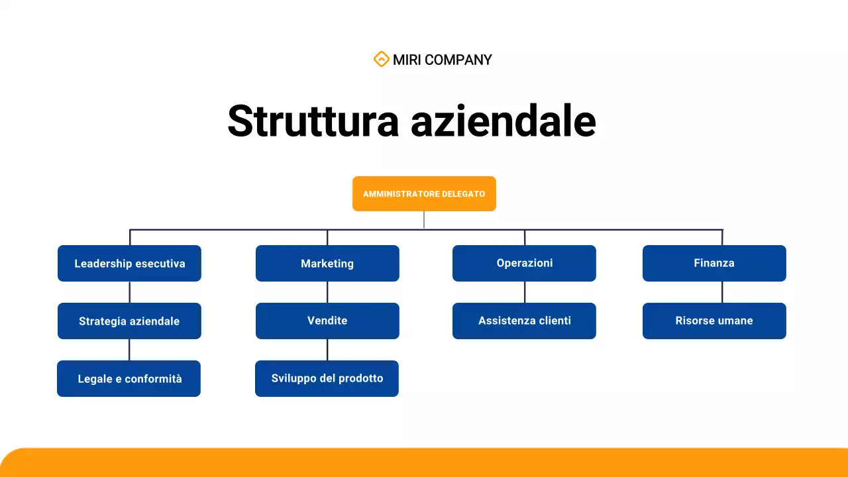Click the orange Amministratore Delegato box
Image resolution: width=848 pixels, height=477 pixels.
(x=424, y=194)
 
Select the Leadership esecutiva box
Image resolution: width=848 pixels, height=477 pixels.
(x=129, y=264)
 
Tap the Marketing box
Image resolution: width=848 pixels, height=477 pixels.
(x=327, y=264)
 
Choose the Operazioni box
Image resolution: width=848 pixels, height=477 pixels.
(x=524, y=263)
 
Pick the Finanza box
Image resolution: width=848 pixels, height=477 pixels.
(x=714, y=263)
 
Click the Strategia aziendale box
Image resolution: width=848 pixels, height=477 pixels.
(x=129, y=321)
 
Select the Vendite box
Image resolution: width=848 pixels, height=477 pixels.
(x=327, y=321)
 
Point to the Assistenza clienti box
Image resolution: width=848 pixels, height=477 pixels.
(x=524, y=321)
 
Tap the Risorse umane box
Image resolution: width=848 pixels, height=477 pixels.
(x=714, y=321)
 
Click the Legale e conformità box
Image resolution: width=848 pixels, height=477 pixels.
(x=129, y=379)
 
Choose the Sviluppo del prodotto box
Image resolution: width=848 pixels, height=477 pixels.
(x=327, y=378)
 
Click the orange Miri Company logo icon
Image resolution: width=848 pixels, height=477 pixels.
(x=381, y=60)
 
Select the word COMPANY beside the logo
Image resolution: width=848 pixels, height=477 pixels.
(x=458, y=60)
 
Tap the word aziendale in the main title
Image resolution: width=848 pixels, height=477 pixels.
(x=503, y=121)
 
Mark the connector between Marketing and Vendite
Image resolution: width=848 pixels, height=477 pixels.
(x=327, y=292)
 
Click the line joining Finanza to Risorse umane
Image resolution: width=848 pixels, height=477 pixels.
(x=722, y=292)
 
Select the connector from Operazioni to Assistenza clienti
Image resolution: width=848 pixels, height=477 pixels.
(x=525, y=292)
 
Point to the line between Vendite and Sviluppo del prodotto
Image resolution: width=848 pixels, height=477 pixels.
(x=327, y=350)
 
